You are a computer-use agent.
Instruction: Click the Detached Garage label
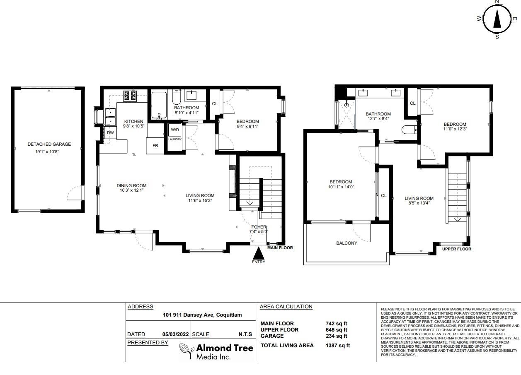[x=49, y=144]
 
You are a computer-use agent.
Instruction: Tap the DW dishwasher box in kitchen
[x=110, y=132]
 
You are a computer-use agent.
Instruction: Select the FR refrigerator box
[x=155, y=146]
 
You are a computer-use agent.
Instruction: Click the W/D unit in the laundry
[x=174, y=130]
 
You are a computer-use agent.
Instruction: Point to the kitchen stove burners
[x=130, y=96]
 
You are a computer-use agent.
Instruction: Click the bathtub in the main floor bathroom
[x=159, y=106]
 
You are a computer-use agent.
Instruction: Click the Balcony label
[x=347, y=243]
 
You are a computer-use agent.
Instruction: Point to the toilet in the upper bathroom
[x=409, y=130]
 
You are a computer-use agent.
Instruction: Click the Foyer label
[x=259, y=227]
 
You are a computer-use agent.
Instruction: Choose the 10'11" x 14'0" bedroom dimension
[x=341, y=187]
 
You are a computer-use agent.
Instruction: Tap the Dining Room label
[x=131, y=185]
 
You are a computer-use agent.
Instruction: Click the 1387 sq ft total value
[x=338, y=345]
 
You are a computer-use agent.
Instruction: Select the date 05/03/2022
[x=175, y=334]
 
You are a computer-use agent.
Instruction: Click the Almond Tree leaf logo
[x=187, y=351]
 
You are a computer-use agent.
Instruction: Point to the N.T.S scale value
[x=245, y=334]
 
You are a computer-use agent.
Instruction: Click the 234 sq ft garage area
[x=336, y=336]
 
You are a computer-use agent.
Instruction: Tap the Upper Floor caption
[x=457, y=249]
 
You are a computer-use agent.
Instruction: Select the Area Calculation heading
[x=286, y=307]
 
